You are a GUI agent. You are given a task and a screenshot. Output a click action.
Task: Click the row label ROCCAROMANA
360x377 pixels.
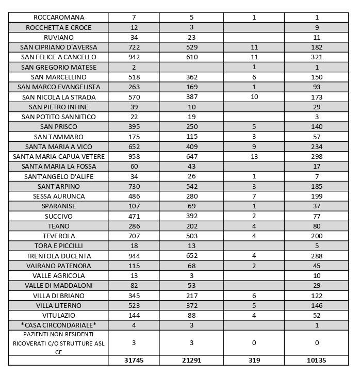58,18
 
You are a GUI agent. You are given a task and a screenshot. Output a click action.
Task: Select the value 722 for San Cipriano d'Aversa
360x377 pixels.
134,47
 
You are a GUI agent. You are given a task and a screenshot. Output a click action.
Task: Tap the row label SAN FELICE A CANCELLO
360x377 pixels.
58,57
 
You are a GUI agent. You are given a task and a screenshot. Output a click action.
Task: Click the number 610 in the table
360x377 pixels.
191,57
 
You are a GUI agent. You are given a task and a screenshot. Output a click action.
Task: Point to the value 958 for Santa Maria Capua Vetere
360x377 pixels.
134,157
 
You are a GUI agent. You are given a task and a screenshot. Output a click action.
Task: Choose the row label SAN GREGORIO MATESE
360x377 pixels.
58,67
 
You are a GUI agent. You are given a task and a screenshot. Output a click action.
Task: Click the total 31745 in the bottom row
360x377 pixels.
134,360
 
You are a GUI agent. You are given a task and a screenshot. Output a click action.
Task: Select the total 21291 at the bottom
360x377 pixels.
191,360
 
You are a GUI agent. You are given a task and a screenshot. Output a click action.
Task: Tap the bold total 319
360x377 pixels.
254,360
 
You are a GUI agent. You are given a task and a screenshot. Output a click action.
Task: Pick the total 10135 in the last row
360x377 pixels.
317,360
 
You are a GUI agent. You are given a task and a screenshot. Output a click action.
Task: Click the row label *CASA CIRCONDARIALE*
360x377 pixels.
58,325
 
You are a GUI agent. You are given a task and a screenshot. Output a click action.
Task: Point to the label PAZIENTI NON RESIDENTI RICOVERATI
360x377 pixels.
58,342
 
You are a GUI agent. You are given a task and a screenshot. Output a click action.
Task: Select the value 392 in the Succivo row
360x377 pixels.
191,217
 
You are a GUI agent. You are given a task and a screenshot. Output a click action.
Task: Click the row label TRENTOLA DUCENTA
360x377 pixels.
58,256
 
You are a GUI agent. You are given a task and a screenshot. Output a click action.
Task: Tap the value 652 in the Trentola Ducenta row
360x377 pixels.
191,256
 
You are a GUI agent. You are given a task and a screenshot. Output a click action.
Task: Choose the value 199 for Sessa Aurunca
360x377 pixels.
317,196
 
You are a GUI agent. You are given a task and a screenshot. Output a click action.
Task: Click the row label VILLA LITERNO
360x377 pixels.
58,306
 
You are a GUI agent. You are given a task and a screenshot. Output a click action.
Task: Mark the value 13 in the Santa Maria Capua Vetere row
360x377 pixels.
254,157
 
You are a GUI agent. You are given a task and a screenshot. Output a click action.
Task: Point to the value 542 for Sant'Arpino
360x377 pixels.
191,187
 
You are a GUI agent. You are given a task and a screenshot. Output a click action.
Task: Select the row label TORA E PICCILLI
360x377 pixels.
58,246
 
